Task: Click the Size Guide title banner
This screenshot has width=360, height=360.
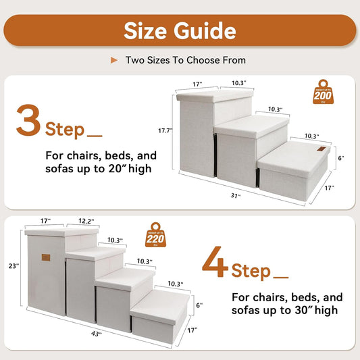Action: pyautogui.click(x=180, y=30)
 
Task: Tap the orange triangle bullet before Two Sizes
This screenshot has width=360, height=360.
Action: pyautogui.click(x=114, y=60)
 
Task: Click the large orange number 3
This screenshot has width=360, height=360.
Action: pyautogui.click(x=29, y=120)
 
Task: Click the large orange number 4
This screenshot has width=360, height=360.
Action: pyautogui.click(x=215, y=265)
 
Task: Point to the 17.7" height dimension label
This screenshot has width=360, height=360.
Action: pyautogui.click(x=165, y=130)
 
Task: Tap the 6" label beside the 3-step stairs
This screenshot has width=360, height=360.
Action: pyautogui.click(x=341, y=159)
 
